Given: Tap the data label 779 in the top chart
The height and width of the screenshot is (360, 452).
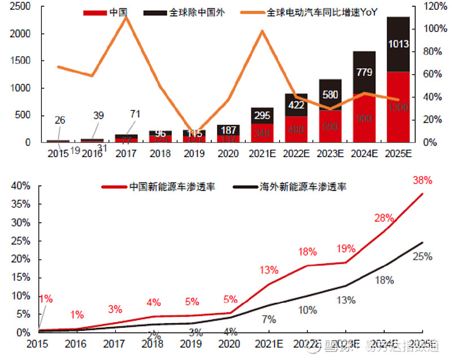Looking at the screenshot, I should coord(364,72).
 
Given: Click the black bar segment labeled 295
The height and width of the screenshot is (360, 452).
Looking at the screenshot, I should coord(262,115).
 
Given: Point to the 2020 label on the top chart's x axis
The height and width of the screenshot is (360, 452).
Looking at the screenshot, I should coord(228,153).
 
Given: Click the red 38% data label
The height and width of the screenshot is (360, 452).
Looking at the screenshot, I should coord(422,181).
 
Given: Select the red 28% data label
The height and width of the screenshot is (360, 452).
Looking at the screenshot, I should coord(384,218).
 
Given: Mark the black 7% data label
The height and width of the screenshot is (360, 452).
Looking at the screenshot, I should coord(269,319).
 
